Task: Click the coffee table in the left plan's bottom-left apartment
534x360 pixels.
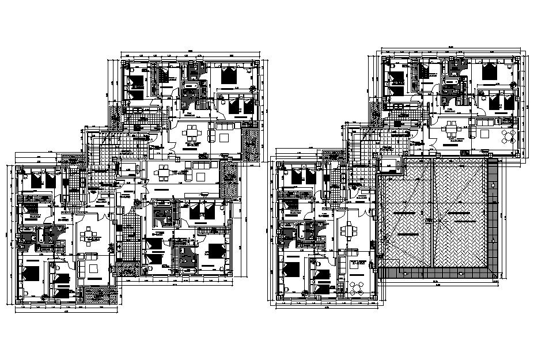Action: tap(91, 268)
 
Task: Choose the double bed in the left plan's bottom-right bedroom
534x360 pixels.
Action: tap(216, 251)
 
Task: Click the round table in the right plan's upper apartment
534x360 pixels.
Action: tap(507, 137)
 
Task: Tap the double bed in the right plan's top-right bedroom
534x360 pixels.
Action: tap(491, 71)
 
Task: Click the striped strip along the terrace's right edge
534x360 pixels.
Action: tap(493, 216)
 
